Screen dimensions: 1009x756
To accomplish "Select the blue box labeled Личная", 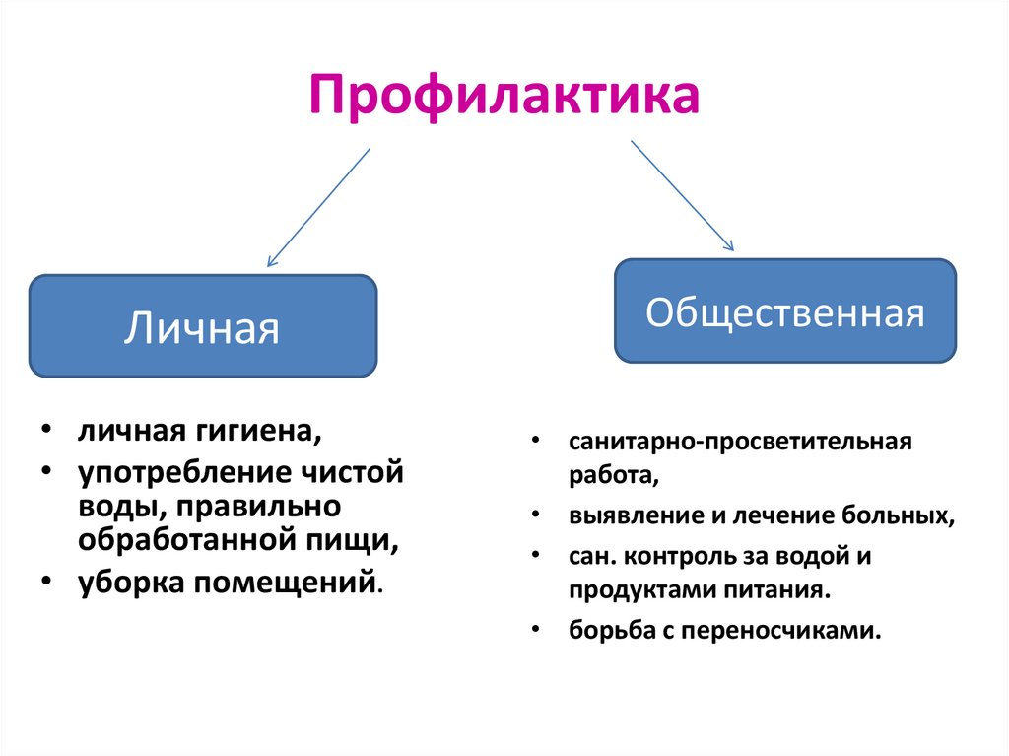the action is [202, 327].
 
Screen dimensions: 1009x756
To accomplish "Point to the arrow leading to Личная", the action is [317, 208].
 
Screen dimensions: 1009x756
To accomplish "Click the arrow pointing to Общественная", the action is [682, 194].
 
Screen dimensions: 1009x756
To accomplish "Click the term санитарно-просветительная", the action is [740, 441].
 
